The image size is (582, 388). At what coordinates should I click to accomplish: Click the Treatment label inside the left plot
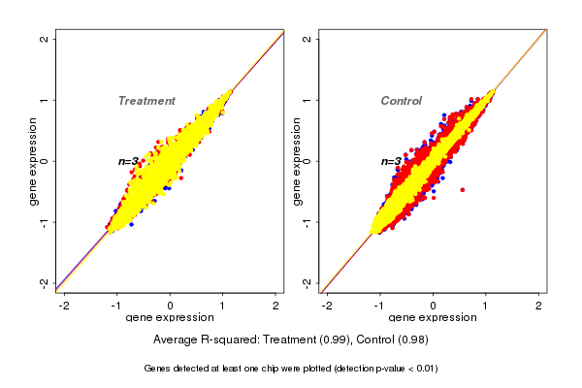pyautogui.click(x=146, y=101)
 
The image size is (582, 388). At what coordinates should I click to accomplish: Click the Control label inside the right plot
pyautogui.click(x=401, y=101)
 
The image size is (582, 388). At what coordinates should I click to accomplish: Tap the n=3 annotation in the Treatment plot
pyautogui.click(x=128, y=161)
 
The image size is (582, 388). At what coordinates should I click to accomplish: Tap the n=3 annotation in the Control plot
pyautogui.click(x=391, y=161)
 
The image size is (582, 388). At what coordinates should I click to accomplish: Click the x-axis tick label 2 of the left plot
pyautogui.click(x=275, y=306)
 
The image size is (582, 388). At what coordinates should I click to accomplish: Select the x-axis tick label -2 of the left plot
pyautogui.click(x=64, y=306)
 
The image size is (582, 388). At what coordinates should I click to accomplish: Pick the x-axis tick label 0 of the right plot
pyautogui.click(x=434, y=306)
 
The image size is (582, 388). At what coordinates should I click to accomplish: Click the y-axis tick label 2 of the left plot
pyautogui.click(x=45, y=39)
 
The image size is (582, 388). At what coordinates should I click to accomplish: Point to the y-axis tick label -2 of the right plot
pyautogui.click(x=307, y=282)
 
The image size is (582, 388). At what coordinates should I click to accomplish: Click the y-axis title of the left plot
pyautogui.click(x=34, y=161)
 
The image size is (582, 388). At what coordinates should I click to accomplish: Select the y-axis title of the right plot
pyautogui.click(x=297, y=161)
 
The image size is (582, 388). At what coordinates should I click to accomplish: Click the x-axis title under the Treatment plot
pyautogui.click(x=170, y=318)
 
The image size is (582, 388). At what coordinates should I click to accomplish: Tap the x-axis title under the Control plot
pyautogui.click(x=434, y=318)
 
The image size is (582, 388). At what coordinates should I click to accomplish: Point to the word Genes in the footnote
pyautogui.click(x=158, y=369)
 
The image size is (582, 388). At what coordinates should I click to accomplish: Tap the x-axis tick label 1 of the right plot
pyautogui.click(x=486, y=306)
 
